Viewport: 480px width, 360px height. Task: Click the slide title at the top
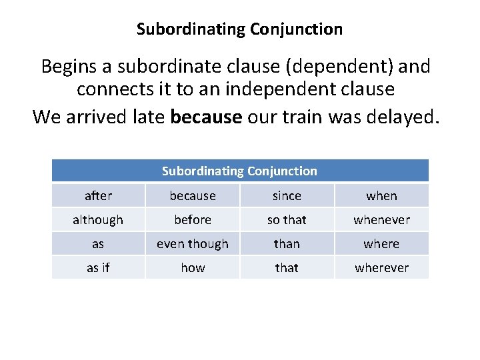[239, 29]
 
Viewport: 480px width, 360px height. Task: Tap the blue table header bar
[239, 171]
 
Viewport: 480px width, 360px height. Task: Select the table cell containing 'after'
[98, 195]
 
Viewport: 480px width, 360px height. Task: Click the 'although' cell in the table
[98, 219]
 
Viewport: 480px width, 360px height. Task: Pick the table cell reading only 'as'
[98, 243]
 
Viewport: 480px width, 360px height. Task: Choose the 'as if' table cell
[98, 267]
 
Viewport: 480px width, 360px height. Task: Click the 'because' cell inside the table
[193, 195]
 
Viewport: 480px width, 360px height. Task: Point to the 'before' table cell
[193, 219]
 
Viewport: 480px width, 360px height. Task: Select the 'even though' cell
[193, 243]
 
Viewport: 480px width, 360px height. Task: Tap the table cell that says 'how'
[193, 267]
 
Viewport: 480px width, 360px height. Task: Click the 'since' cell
[287, 195]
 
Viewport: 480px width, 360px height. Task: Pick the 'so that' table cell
[287, 219]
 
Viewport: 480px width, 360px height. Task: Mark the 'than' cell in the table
[287, 243]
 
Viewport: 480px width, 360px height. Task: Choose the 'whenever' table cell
[381, 219]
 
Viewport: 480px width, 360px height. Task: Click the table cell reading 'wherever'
[381, 267]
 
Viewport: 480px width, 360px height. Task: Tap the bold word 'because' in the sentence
[206, 117]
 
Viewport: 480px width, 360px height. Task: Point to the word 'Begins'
[67, 67]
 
